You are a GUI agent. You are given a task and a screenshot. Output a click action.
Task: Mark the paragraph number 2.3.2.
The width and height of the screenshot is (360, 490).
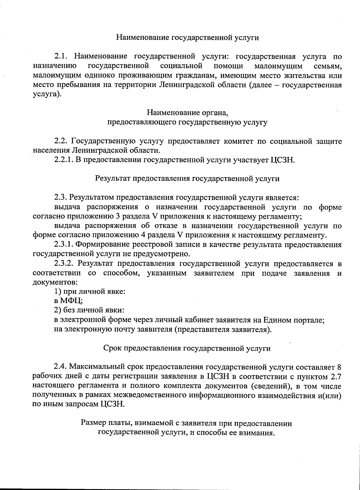(64, 264)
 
